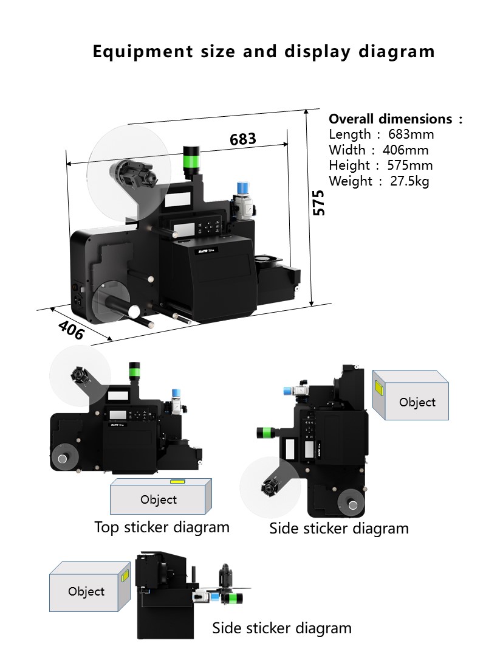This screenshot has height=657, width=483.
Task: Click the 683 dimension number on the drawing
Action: click(243, 139)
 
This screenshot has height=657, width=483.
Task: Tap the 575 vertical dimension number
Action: click(319, 203)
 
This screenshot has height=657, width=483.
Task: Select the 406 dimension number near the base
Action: click(71, 330)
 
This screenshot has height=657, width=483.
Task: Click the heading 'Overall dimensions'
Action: click(390, 119)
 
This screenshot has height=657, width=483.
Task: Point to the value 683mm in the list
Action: click(411, 134)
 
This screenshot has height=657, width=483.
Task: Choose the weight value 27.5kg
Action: click(409, 181)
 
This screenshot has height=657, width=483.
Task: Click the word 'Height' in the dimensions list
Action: click(349, 165)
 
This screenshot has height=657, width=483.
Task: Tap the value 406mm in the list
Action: click(405, 150)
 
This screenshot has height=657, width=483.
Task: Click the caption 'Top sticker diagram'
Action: click(162, 527)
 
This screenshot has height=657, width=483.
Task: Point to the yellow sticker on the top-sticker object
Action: click(177, 481)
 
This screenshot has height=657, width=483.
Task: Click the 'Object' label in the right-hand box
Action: click(417, 402)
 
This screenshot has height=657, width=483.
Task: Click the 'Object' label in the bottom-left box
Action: click(86, 591)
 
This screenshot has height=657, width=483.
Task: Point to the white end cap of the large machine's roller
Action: click(134, 311)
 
